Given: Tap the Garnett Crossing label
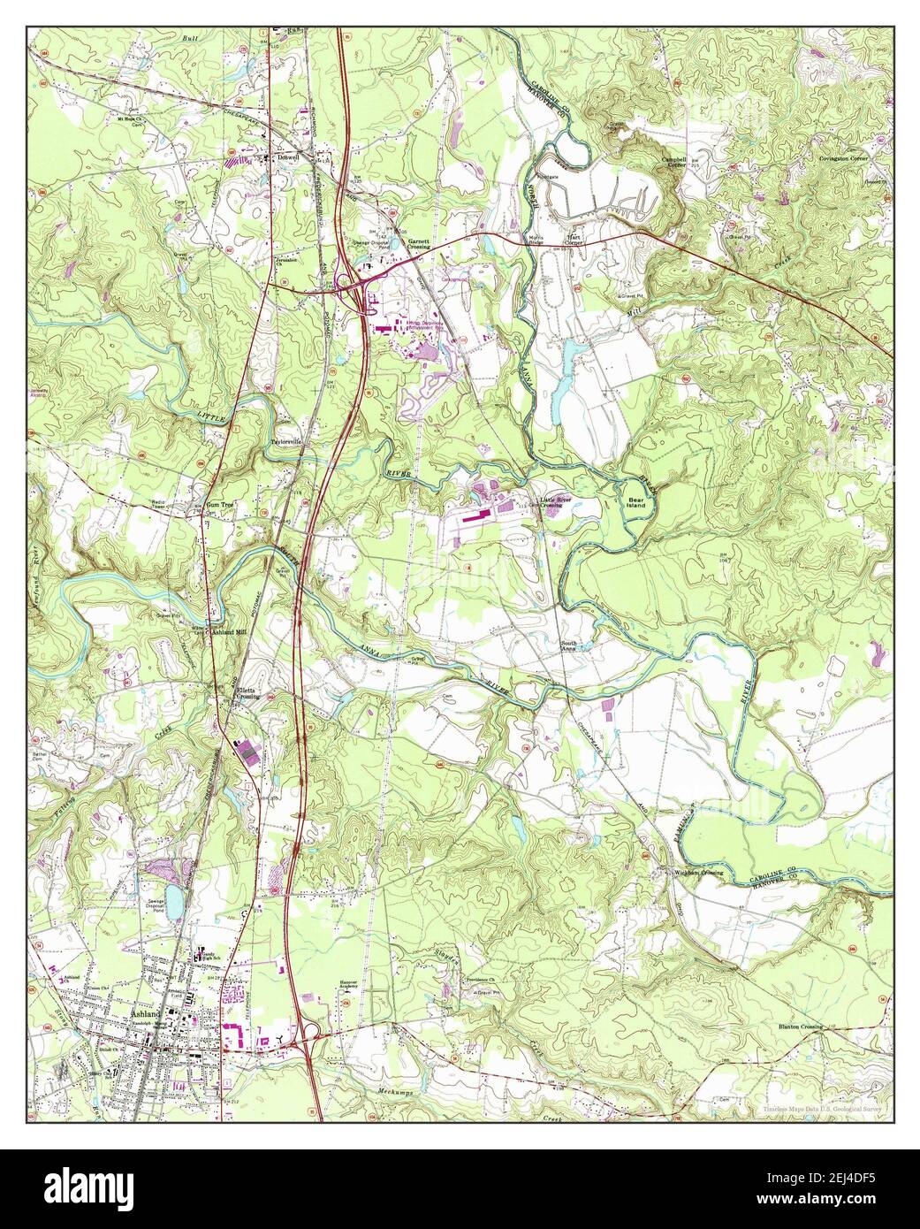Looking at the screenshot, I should tap(418, 244).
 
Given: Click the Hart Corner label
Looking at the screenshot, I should tap(577, 240).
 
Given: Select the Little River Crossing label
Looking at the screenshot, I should tap(562, 502).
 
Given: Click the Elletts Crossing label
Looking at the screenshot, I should tap(245, 692).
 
